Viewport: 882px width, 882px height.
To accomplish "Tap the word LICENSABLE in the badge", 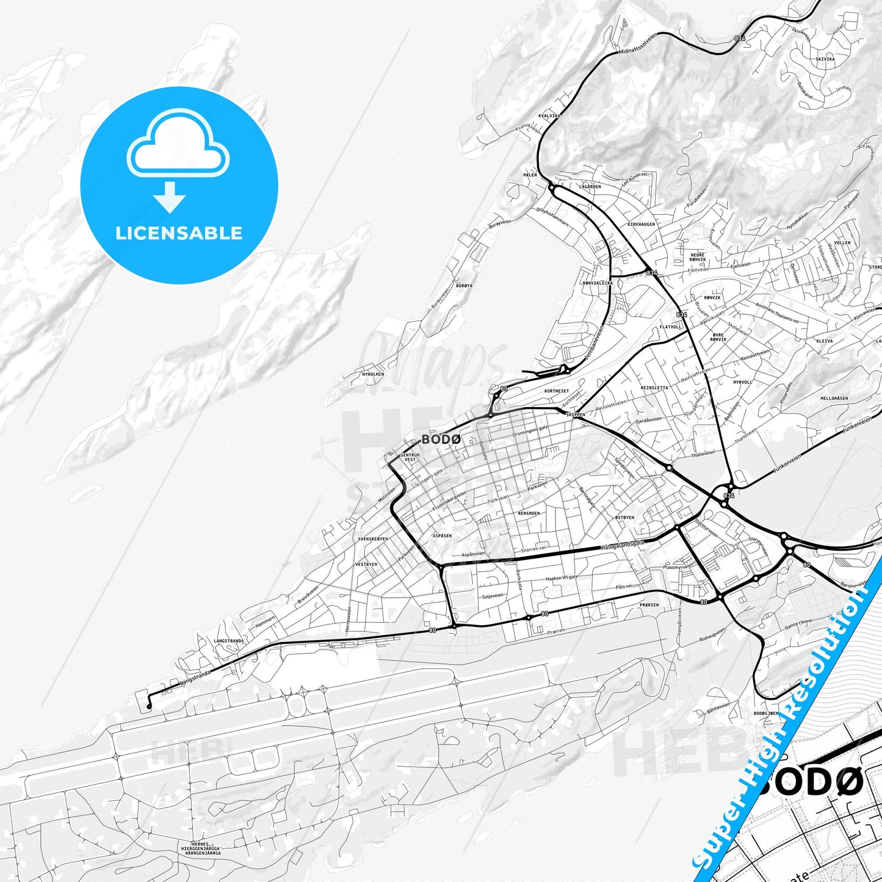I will [x=179, y=233].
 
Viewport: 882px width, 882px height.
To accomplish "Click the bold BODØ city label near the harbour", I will [x=440, y=439].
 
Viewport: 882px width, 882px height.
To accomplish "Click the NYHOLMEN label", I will [x=373, y=374].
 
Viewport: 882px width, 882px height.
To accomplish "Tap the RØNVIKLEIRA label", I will [x=597, y=283].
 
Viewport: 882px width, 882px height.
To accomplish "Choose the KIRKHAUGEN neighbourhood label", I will [x=641, y=224].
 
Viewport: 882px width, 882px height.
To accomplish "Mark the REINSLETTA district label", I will [x=654, y=388].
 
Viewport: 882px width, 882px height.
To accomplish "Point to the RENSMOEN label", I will [x=529, y=513].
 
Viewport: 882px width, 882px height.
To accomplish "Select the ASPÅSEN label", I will [x=442, y=535].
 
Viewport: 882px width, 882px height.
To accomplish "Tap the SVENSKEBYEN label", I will [x=372, y=540].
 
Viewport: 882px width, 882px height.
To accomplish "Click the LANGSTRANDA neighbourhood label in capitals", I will [x=229, y=641].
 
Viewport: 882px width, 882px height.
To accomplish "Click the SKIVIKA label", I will [x=825, y=59].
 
